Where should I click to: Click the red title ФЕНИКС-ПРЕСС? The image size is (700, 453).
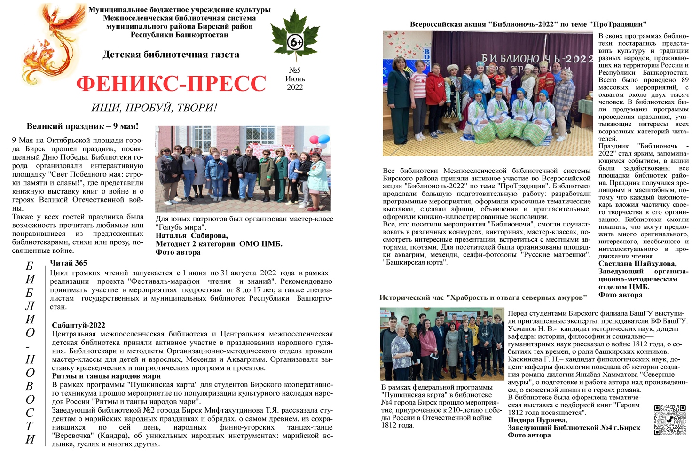click(x=171, y=84)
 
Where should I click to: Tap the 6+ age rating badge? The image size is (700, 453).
click(x=295, y=43)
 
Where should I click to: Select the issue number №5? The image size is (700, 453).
click(x=295, y=70)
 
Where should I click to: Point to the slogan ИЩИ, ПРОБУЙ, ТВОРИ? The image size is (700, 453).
click(x=154, y=108)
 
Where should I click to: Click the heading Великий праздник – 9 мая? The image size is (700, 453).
click(x=82, y=126)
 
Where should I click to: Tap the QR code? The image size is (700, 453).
click(x=669, y=419)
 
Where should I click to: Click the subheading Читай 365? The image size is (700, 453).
click(x=69, y=263)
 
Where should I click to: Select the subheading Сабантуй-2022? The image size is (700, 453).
click(x=79, y=325)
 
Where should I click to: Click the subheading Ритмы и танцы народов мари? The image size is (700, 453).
click(x=106, y=376)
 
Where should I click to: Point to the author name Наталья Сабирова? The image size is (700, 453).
click(x=191, y=235)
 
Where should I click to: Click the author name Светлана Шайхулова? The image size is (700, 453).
click(x=637, y=264)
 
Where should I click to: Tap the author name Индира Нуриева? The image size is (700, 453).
click(x=537, y=420)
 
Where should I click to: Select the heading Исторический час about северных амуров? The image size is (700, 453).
click(x=483, y=297)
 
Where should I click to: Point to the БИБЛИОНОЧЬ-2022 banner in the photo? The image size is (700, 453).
click(x=536, y=59)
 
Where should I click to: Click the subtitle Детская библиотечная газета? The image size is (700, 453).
click(x=171, y=55)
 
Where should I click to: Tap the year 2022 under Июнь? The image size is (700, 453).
click(x=295, y=87)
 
